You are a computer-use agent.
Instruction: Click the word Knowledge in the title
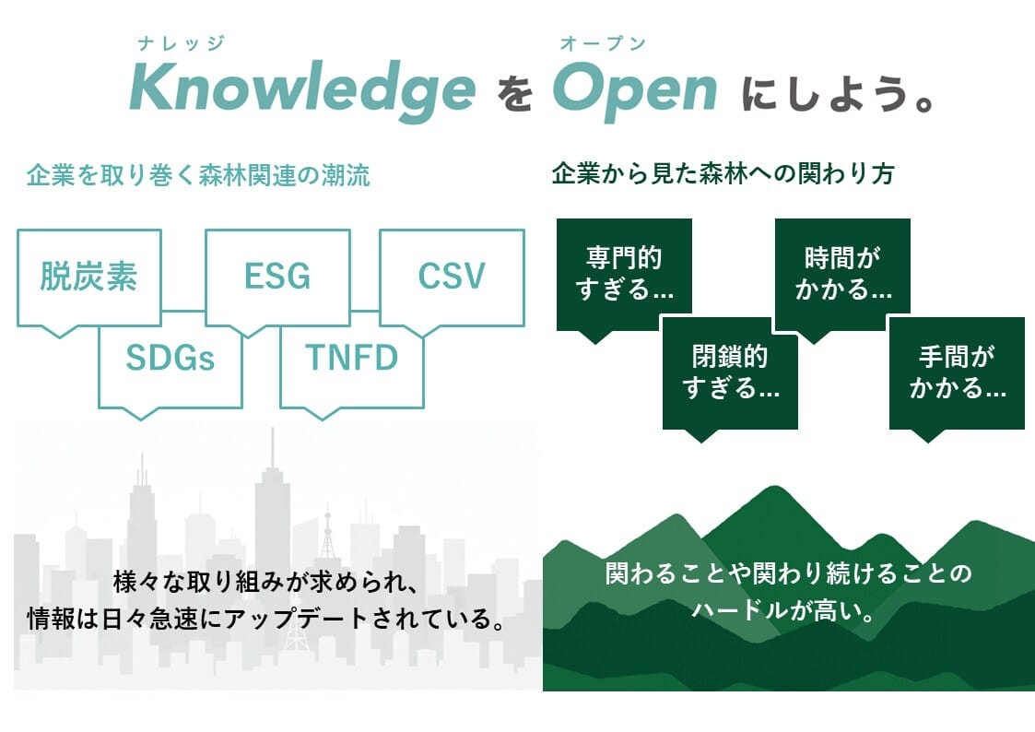[302, 89]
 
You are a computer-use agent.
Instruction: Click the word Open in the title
[635, 90]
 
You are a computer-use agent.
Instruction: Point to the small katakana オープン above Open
[603, 43]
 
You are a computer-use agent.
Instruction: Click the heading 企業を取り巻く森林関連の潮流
[198, 175]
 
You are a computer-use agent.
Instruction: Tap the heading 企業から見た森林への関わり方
[723, 174]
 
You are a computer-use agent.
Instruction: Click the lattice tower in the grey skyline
[327, 535]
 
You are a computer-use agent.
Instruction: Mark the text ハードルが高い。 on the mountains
[783, 610]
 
